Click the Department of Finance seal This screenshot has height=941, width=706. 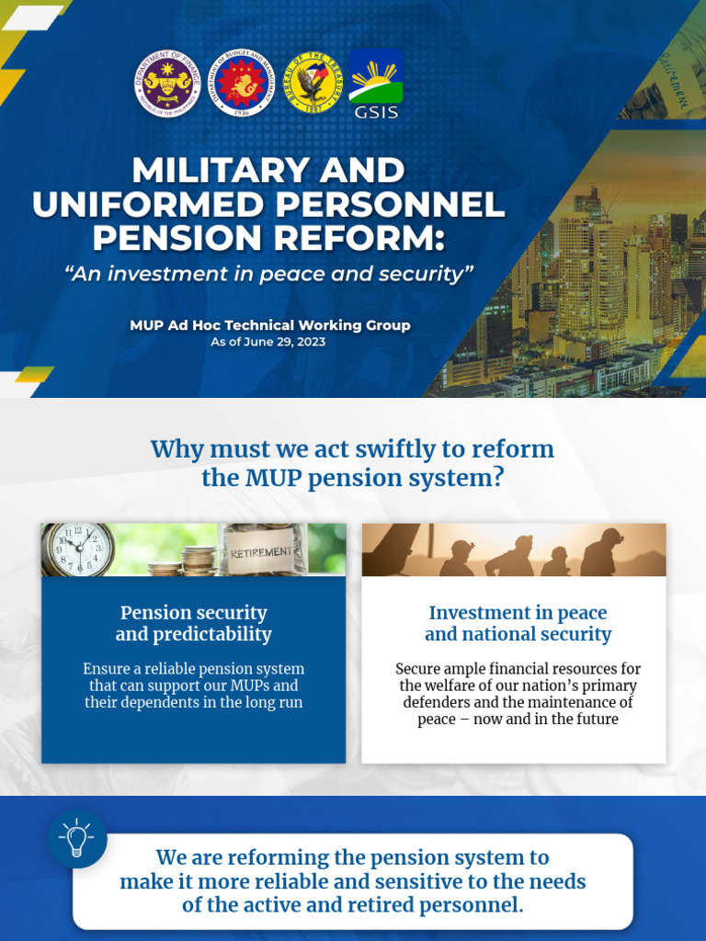pos(167,83)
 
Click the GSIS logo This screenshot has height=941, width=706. pos(375,84)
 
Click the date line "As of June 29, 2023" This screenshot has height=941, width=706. pos(268,342)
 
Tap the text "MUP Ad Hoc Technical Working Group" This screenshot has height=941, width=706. pos(269,325)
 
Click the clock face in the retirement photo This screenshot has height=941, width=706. pos(78,550)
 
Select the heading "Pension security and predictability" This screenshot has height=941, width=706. pos(193,623)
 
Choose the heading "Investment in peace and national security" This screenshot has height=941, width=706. pos(518,623)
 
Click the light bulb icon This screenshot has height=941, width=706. pos(77,838)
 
